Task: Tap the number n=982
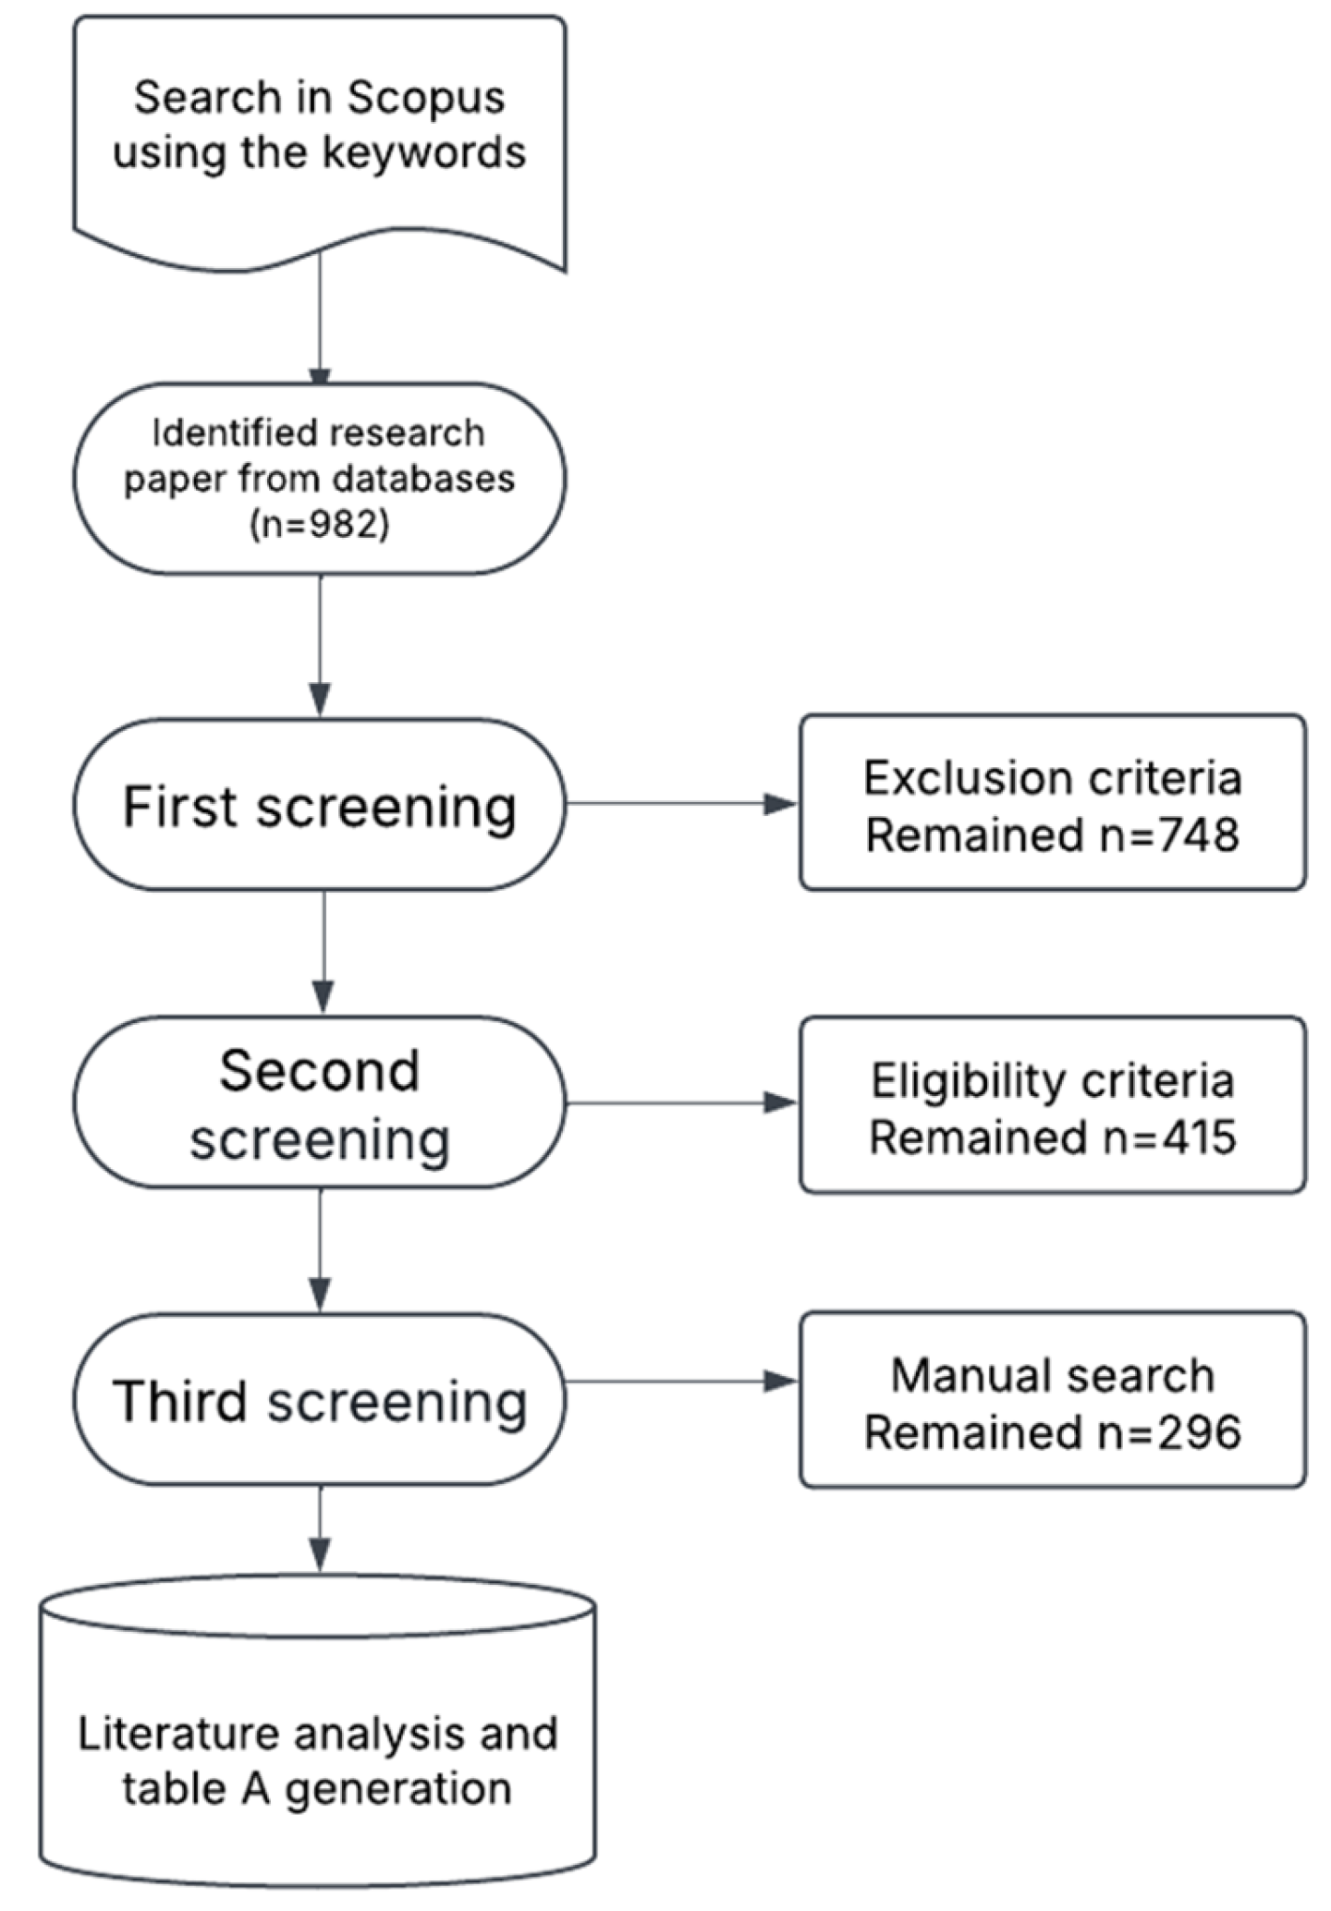point(320,525)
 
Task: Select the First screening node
point(320,805)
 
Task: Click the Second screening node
point(320,1102)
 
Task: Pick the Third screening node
point(320,1400)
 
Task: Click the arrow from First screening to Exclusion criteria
point(682,804)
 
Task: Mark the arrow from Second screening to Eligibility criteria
point(682,1102)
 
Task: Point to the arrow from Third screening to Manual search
point(682,1382)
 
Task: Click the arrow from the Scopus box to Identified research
point(320,319)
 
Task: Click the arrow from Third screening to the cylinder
point(320,1528)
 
